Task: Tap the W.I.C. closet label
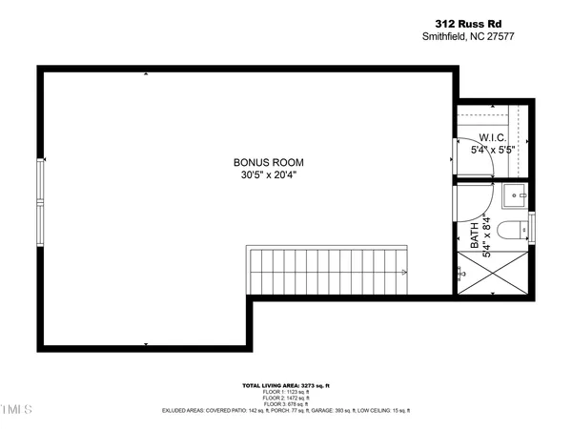(492, 137)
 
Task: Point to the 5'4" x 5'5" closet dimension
(492, 150)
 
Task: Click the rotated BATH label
(474, 235)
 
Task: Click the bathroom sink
(516, 196)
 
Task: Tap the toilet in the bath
(513, 230)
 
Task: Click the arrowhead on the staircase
(406, 273)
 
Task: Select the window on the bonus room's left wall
(40, 202)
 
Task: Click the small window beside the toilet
(532, 229)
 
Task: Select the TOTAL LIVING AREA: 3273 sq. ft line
(286, 385)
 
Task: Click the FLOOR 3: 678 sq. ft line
(286, 404)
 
